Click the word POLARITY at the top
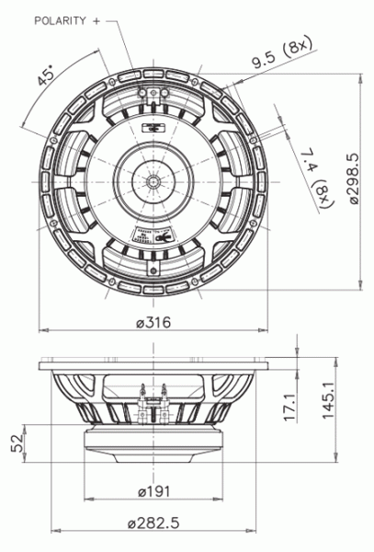click(60, 19)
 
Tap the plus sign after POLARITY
click(96, 19)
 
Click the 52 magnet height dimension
click(17, 443)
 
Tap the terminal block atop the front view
click(153, 95)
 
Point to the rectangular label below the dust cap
click(153, 234)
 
